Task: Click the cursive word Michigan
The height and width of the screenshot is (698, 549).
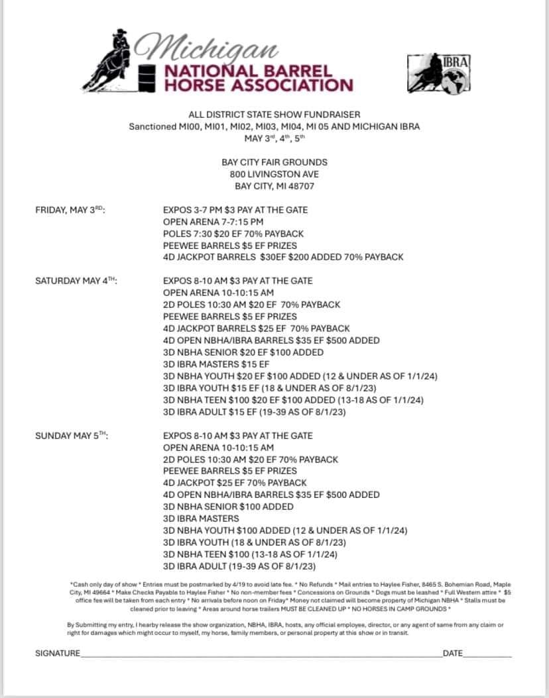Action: [x=206, y=46]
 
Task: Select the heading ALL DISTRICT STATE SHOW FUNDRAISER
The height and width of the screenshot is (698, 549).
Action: [x=274, y=115]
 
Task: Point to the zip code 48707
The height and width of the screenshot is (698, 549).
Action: [x=300, y=186]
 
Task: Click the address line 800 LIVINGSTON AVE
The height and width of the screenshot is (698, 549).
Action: [x=274, y=174]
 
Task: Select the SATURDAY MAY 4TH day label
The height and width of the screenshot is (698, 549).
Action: [x=76, y=281]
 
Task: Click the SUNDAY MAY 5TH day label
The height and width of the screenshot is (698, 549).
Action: [x=72, y=436]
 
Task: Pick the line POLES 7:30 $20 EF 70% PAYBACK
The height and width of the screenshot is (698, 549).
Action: [x=233, y=234]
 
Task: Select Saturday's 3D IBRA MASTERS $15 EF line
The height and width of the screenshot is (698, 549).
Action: [x=216, y=364]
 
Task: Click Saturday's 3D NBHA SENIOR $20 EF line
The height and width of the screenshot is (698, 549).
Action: [x=243, y=352]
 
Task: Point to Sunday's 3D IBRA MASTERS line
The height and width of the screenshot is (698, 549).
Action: [x=201, y=519]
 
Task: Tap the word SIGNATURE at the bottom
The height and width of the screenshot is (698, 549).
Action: [x=58, y=654]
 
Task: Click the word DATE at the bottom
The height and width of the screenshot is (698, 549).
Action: [x=453, y=654]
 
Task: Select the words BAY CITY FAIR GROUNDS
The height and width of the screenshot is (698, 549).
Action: [x=274, y=162]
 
